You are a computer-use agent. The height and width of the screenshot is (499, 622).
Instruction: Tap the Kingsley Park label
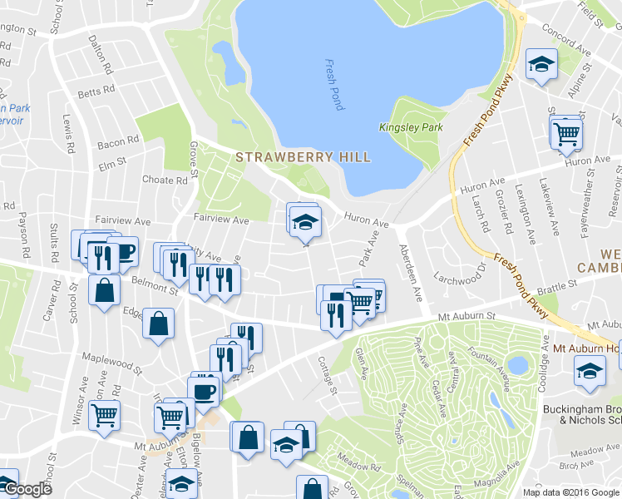coord(410,127)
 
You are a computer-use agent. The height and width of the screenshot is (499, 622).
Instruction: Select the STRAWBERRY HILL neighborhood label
coord(303,156)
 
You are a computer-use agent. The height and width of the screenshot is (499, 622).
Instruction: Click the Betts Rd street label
coord(94,93)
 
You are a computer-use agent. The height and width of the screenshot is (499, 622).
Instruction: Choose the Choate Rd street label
coord(165,180)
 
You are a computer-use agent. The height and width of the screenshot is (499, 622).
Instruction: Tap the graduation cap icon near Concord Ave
coord(541,64)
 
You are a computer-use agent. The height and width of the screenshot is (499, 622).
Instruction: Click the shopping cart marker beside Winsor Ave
coord(104,414)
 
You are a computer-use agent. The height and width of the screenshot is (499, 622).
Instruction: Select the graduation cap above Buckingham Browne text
coord(590,371)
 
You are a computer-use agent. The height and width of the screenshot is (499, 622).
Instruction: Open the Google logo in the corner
coord(27,489)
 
